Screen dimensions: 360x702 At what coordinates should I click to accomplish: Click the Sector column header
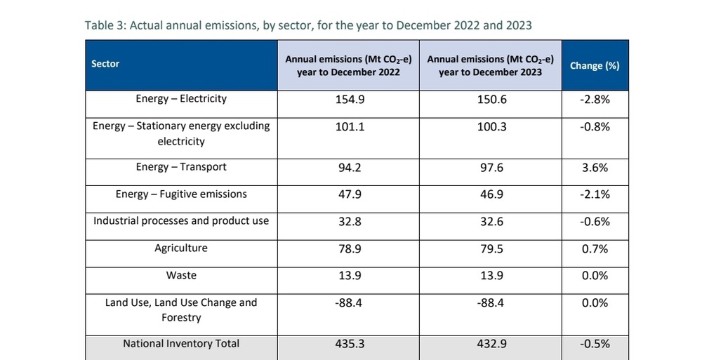coord(105,64)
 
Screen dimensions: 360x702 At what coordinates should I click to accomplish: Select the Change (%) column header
coord(595,65)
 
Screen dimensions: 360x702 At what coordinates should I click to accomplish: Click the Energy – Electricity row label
coord(181,99)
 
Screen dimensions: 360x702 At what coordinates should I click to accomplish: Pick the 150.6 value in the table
coord(491,100)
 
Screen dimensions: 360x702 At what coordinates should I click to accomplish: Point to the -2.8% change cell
coord(595,100)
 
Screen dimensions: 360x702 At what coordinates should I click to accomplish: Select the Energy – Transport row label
coord(181,168)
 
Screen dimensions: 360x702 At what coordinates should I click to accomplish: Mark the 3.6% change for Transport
coord(595,168)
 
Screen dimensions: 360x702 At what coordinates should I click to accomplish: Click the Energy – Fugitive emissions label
coord(181,194)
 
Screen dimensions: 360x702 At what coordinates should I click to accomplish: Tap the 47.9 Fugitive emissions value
coord(349,194)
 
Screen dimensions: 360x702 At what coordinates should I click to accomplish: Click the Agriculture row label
coord(181,248)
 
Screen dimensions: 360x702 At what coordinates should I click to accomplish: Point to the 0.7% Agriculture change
coord(595,249)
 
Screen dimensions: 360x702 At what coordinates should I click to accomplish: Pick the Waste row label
coord(181,276)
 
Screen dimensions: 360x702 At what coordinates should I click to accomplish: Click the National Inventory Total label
coord(181,344)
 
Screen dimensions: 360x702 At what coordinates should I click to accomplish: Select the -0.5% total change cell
coord(595,345)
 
